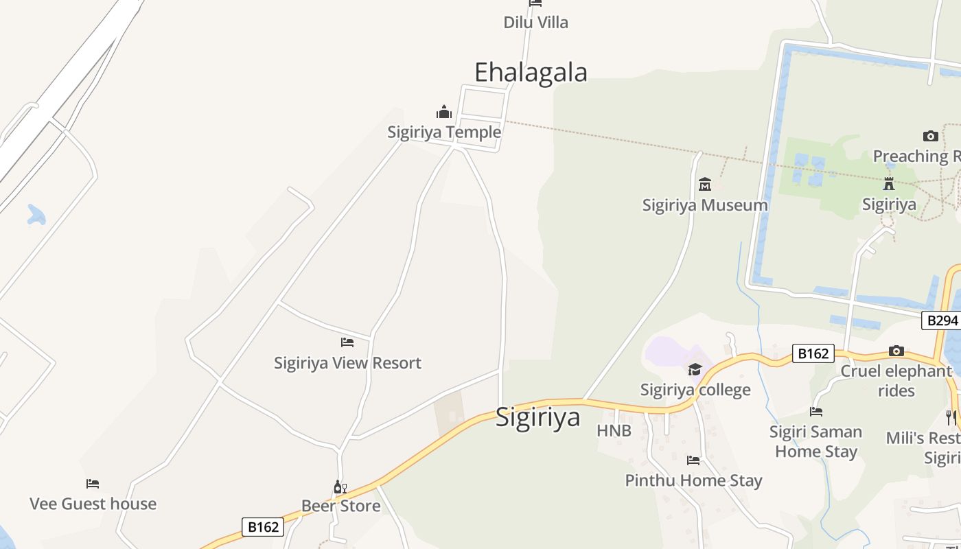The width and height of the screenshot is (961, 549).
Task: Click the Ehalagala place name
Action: [x=531, y=72]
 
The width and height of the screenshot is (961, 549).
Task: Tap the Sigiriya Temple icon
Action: [x=444, y=112]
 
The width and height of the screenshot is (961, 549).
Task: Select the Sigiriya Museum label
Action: [x=705, y=205]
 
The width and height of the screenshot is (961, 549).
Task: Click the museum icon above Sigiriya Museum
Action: [x=705, y=184]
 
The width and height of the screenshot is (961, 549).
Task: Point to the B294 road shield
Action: [x=942, y=320]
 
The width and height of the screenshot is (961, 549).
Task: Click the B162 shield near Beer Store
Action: [x=263, y=527]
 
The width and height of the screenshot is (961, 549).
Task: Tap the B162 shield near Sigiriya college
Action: [x=813, y=353]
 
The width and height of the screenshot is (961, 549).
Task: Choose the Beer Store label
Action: [x=340, y=506]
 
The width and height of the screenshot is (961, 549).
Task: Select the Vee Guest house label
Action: [x=93, y=504]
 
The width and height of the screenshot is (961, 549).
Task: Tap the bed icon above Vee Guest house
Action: [x=93, y=484]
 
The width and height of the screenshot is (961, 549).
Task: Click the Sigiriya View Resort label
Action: [x=347, y=363]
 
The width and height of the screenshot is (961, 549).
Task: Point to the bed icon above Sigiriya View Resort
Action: [x=347, y=342]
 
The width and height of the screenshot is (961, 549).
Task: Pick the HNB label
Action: [x=614, y=431]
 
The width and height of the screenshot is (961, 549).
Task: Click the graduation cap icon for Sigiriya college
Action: [x=695, y=370]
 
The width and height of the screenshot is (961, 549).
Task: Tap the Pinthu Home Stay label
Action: [x=693, y=480]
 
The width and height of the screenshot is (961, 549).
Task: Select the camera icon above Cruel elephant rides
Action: [x=896, y=351]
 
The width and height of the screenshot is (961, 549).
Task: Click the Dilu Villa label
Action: [x=535, y=23]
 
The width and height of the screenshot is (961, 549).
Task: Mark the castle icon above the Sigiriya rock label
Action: [x=889, y=184]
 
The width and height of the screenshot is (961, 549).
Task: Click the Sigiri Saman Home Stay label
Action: [x=815, y=442]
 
